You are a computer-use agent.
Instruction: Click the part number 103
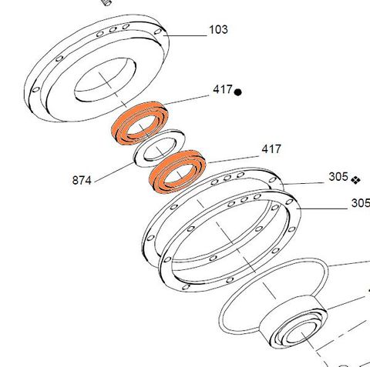(x=218, y=31)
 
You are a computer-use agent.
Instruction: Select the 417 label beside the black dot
(x=223, y=91)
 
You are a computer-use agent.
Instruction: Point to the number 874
(x=82, y=181)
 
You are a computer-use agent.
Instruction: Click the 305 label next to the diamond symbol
(x=338, y=177)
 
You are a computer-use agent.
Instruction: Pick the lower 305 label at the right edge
(x=359, y=204)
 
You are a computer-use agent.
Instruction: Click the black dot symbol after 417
(x=238, y=92)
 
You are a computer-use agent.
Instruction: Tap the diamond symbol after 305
(x=355, y=179)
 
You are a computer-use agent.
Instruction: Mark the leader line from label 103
(x=185, y=35)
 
